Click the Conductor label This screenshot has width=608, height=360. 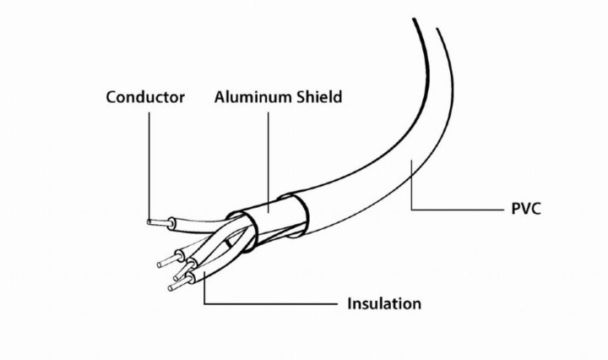(x=145, y=96)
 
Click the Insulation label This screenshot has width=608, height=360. (x=384, y=303)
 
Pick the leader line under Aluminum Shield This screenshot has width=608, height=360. (x=269, y=156)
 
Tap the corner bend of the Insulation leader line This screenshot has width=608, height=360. (x=204, y=303)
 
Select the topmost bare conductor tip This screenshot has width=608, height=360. (x=155, y=222)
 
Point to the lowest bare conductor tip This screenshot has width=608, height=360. (x=175, y=287)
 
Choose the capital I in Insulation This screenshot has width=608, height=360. (x=350, y=303)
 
